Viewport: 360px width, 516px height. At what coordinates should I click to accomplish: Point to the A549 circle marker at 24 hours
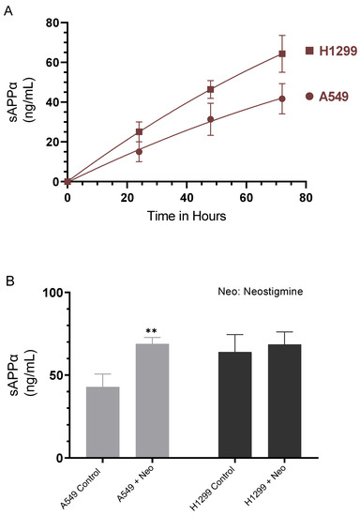pos(139,151)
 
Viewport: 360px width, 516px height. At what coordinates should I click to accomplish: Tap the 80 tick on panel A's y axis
pos(52,22)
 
